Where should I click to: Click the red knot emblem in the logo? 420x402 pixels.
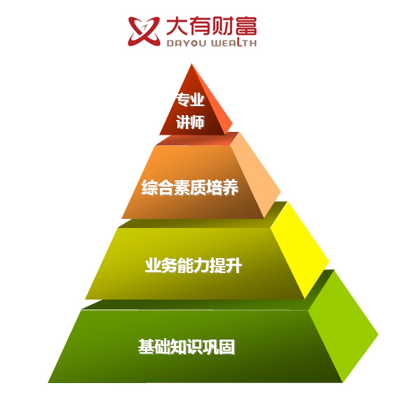pyautogui.click(x=144, y=32)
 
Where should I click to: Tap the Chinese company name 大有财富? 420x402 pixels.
pyautogui.click(x=212, y=26)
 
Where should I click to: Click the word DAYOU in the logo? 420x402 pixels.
pyautogui.click(x=187, y=43)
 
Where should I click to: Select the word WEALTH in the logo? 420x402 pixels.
pyautogui.click(x=233, y=43)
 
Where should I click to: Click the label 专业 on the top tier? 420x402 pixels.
pyautogui.click(x=191, y=100)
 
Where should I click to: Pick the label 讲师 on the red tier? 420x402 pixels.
pyautogui.click(x=191, y=122)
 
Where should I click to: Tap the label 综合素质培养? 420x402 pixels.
pyautogui.click(x=190, y=187)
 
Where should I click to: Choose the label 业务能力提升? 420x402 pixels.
pyautogui.click(x=194, y=265)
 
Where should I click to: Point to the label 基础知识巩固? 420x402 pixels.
pyautogui.click(x=187, y=347)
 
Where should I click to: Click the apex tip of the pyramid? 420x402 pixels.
pyautogui.click(x=191, y=64)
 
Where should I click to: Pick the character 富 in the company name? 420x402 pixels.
pyautogui.click(x=247, y=26)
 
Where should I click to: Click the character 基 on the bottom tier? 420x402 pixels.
pyautogui.click(x=147, y=347)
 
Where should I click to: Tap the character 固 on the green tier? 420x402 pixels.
pyautogui.click(x=227, y=347)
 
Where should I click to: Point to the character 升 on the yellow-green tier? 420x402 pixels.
pyautogui.click(x=234, y=266)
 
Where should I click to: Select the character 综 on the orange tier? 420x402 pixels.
pyautogui.click(x=149, y=187)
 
